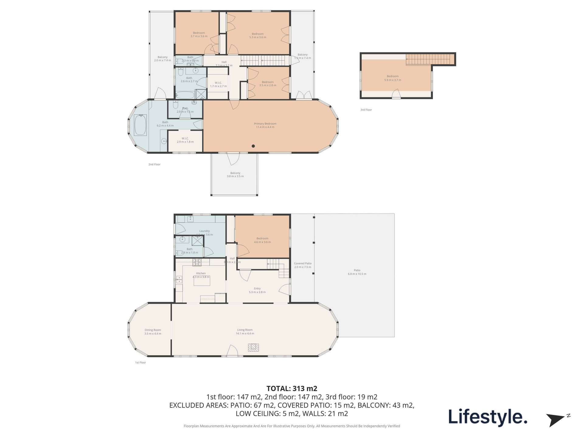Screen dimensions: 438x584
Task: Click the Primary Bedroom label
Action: click(265, 125)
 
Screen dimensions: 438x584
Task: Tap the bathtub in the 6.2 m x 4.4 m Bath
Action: click(140, 125)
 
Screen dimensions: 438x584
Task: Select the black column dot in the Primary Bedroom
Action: click(253, 146)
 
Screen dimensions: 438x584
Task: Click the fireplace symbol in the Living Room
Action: click(253, 347)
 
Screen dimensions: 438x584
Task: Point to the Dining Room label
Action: click(153, 332)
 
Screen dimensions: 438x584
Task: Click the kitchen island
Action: click(202, 281)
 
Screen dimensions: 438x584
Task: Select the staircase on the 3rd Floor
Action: click(428, 59)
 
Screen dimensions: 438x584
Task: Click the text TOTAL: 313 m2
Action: click(292, 388)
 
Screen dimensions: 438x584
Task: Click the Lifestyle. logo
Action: click(488, 417)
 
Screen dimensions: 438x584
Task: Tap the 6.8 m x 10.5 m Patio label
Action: click(357, 272)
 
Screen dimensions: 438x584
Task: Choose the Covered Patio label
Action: click(303, 265)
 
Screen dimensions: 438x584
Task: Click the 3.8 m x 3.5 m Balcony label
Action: click(235, 175)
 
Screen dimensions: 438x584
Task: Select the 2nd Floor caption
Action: click(154, 164)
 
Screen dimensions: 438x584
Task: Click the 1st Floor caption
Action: click(141, 363)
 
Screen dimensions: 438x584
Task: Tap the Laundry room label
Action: click(204, 233)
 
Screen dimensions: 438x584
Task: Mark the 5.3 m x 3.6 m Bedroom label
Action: click(257, 36)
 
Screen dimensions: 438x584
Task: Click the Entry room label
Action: click(257, 290)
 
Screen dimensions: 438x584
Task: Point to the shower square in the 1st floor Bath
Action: click(197, 240)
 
